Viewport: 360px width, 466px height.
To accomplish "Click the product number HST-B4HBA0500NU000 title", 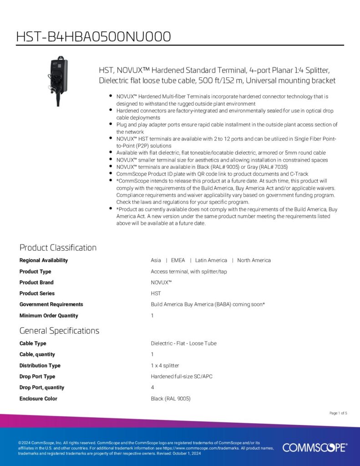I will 93,36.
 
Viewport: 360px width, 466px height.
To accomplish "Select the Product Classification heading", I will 58,248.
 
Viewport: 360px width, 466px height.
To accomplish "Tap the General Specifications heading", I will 59,330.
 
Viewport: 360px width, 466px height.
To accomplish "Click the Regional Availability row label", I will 44,260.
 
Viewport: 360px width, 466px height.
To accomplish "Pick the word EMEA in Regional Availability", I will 178,260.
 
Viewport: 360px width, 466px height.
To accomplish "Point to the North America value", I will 254,260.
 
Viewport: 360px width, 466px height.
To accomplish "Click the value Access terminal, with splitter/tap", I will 189,272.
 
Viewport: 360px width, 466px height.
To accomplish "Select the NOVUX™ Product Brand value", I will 161,283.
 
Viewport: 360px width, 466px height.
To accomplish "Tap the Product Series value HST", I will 156,294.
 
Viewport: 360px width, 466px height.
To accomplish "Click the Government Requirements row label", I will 51,304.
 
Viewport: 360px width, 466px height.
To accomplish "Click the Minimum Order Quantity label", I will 49,316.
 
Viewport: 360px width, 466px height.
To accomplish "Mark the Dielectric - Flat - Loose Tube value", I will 184,344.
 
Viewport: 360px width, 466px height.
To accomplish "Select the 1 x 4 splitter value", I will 165,366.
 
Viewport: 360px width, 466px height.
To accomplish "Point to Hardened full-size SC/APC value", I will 182,377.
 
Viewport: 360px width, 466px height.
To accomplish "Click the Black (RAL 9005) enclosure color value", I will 171,399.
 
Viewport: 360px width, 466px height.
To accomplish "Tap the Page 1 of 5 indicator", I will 338,413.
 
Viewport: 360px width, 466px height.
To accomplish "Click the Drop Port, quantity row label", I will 42,388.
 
